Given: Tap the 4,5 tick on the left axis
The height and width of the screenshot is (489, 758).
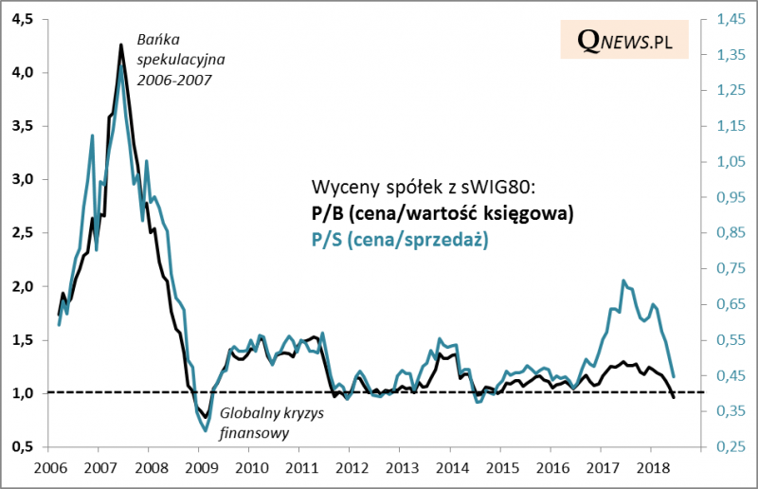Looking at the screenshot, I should tap(23, 19).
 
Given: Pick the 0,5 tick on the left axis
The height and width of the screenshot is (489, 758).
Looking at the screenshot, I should tap(23, 446).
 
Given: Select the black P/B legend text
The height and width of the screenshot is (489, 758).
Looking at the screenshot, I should tap(442, 213).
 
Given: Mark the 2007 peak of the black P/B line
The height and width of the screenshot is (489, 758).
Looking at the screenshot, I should tap(120, 45).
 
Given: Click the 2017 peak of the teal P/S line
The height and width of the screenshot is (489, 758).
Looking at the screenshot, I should tap(623, 281).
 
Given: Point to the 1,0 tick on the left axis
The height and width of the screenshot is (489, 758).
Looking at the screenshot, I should tap(23, 392).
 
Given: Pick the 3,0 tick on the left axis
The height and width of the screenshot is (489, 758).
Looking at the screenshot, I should tap(23, 179).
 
